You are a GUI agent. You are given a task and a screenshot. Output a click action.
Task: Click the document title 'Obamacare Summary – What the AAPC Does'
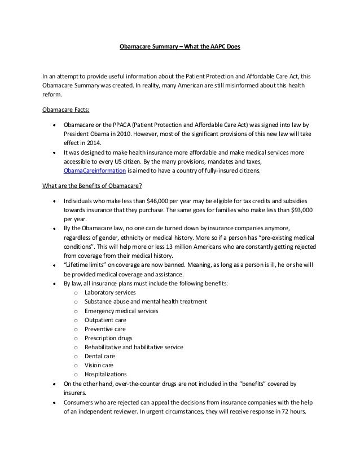pyautogui.click(x=180, y=47)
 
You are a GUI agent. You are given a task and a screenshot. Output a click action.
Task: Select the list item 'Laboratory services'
pyautogui.click(x=109, y=293)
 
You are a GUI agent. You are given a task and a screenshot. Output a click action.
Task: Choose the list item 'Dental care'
pyautogui.click(x=99, y=356)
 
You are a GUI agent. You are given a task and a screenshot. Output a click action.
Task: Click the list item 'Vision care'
pyautogui.click(x=99, y=365)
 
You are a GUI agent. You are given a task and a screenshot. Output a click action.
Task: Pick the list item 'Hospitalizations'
pyautogui.click(x=106, y=374)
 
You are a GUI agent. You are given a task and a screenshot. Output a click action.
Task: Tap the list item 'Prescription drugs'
pyautogui.click(x=108, y=338)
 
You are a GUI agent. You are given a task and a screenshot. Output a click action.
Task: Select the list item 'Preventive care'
pyautogui.click(x=105, y=329)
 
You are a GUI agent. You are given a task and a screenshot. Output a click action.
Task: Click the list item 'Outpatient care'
pyautogui.click(x=106, y=320)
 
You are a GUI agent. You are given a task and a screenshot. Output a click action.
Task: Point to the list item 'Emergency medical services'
pyautogui.click(x=121, y=311)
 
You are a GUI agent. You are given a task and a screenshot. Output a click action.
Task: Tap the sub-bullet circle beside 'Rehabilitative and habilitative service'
pyautogui.click(x=75, y=347)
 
